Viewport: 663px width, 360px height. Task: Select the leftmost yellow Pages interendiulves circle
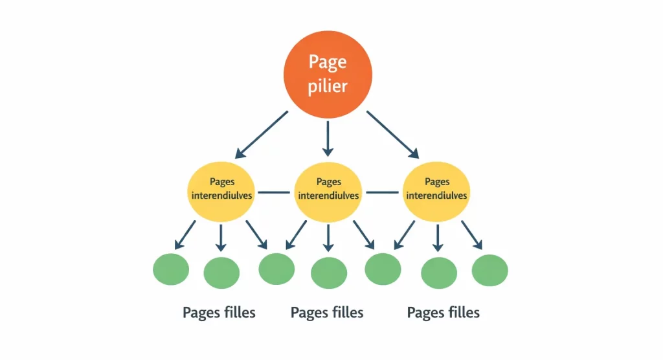pyautogui.click(x=221, y=188)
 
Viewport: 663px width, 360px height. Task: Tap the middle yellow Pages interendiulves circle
pyautogui.click(x=328, y=188)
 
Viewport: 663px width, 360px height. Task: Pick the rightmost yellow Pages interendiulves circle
pyautogui.click(x=436, y=188)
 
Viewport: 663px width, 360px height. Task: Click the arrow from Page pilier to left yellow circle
pyautogui.click(x=261, y=134)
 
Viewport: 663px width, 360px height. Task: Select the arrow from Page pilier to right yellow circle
pyautogui.click(x=393, y=134)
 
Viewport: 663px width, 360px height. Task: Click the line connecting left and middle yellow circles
pyautogui.click(x=275, y=192)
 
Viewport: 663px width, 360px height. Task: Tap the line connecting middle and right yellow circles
pyautogui.click(x=381, y=192)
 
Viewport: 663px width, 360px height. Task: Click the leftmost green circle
pyautogui.click(x=171, y=269)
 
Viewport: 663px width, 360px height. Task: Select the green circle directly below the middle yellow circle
pyautogui.click(x=329, y=273)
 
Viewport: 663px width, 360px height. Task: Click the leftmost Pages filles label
pyautogui.click(x=219, y=313)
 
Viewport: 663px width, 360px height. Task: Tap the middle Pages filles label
pyautogui.click(x=327, y=313)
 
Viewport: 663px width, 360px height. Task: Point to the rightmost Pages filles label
pyautogui.click(x=444, y=313)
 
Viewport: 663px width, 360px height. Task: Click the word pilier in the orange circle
pyautogui.click(x=328, y=85)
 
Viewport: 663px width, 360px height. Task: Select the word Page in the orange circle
pyautogui.click(x=328, y=62)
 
